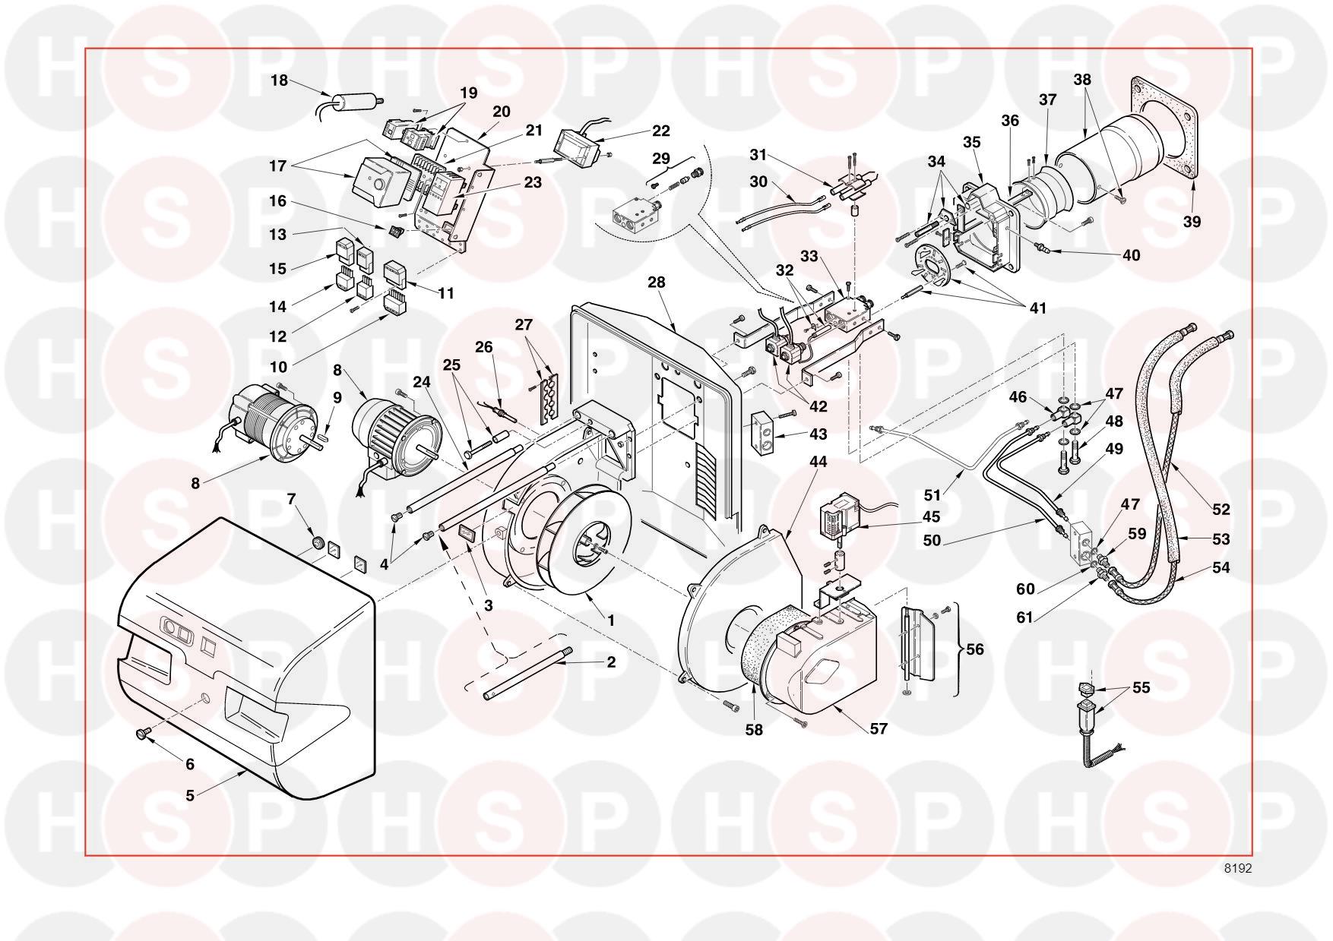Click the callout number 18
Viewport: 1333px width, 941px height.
click(x=280, y=80)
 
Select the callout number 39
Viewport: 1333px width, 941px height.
click(x=1192, y=221)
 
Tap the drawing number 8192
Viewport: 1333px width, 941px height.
click(x=1236, y=869)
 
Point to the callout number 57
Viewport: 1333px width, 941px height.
click(x=879, y=728)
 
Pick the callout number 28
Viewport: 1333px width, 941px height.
click(x=657, y=283)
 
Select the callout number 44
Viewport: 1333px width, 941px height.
click(x=818, y=462)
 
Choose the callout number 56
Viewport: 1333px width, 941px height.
click(x=975, y=649)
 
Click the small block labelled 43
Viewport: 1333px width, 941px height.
click(x=765, y=434)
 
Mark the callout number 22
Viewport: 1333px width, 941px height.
click(x=661, y=131)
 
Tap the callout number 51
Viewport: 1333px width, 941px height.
click(x=932, y=495)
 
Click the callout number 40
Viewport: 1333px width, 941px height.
click(x=1131, y=255)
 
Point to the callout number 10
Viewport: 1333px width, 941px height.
click(x=278, y=367)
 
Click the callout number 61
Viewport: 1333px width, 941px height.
click(x=1025, y=617)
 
